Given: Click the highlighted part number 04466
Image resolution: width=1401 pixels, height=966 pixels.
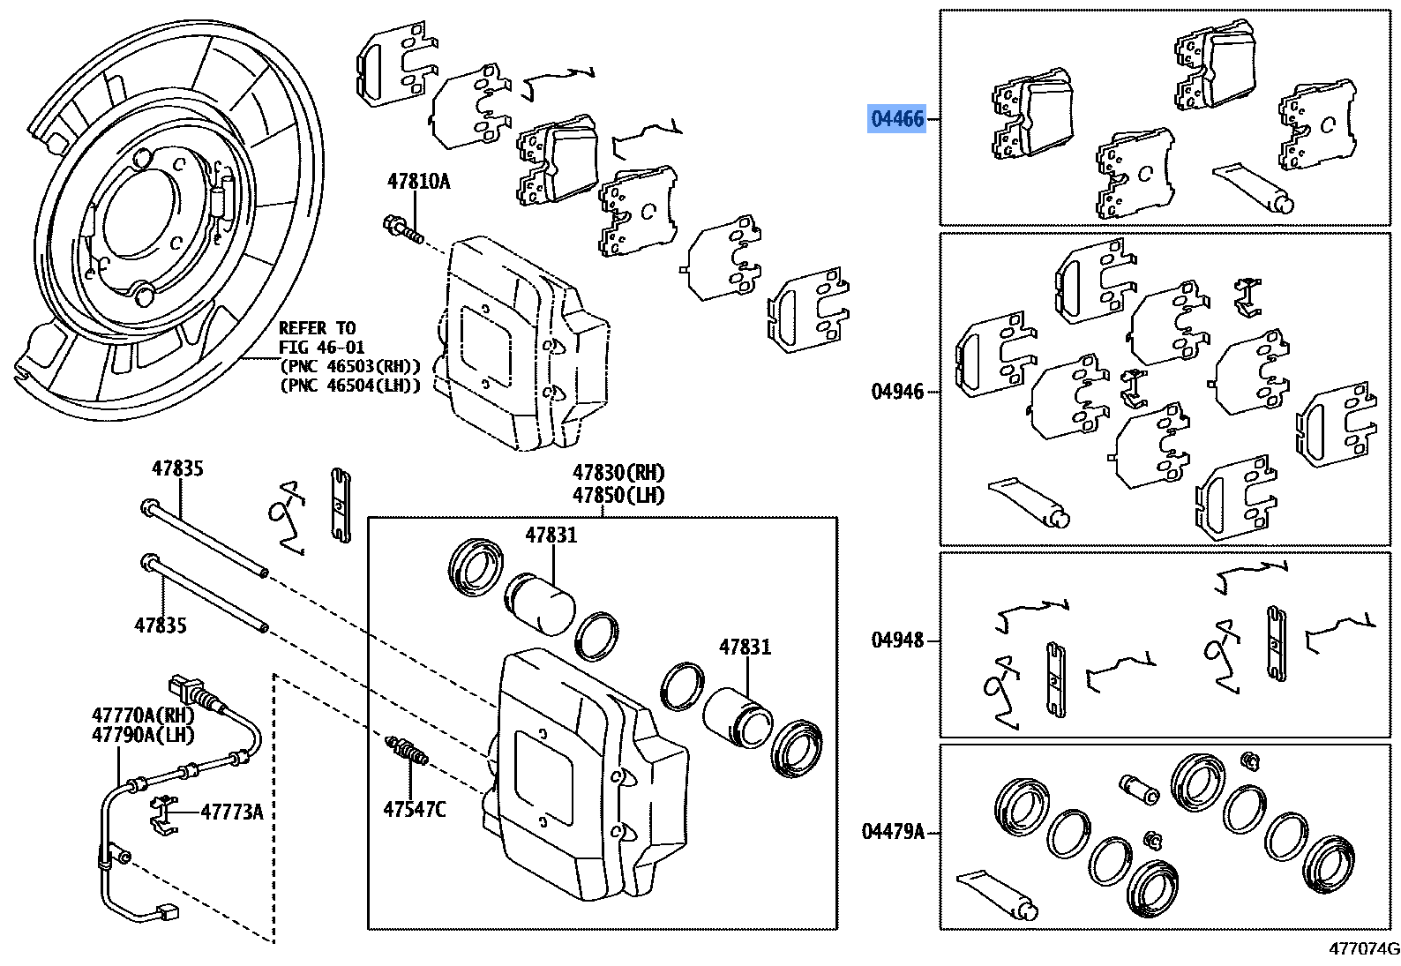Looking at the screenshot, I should point(897,118).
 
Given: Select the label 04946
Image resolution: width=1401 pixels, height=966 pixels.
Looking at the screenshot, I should point(897,392).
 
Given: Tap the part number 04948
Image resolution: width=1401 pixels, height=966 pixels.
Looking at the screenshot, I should point(897,640).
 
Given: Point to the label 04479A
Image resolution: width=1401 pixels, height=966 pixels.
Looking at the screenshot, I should point(893,831).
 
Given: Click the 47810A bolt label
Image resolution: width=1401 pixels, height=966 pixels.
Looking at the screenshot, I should point(418,182).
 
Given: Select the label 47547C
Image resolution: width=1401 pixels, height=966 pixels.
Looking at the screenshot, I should point(414,808).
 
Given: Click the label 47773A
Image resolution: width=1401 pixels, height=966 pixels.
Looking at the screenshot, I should point(231,812).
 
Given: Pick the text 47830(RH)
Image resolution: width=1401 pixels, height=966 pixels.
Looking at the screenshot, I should point(618,473).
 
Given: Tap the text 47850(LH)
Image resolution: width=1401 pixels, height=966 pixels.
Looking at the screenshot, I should point(618,495).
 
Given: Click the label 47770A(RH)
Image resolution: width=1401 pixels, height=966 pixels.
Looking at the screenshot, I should point(143,715).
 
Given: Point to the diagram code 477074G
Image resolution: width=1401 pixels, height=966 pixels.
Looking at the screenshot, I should point(1365,949).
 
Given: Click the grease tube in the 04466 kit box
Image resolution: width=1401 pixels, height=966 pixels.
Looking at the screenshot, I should point(1254,188).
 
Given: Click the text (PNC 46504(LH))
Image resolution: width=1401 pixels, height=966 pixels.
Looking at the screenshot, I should point(350,386).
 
